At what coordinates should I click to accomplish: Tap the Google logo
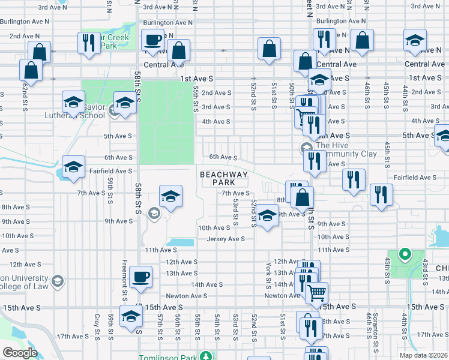(20, 353)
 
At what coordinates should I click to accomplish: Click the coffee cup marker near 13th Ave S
(140, 277)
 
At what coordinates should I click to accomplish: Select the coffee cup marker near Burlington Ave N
(152, 41)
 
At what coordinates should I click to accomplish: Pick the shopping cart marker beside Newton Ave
(316, 292)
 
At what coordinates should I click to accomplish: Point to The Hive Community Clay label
(346, 149)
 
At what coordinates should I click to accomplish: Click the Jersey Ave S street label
(226, 239)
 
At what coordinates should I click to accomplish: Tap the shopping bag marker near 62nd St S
(30, 70)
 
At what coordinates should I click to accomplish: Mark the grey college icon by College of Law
(58, 281)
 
